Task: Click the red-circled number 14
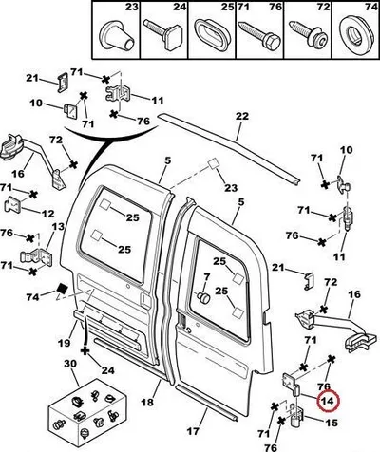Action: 327,401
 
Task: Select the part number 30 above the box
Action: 70,364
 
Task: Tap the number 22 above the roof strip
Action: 242,116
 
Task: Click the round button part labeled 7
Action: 203,297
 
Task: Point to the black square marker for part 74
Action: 63,289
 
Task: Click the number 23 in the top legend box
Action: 132,7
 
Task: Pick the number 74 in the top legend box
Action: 371,7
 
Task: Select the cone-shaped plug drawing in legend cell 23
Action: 117,35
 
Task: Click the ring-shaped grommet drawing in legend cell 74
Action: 355,34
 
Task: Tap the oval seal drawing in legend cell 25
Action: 211,34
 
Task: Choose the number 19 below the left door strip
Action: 64,343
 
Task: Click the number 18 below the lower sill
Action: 147,402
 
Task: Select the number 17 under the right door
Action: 193,431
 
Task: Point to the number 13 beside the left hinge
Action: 58,227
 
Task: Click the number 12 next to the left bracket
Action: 47,214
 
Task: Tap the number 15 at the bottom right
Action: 332,423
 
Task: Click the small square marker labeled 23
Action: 213,164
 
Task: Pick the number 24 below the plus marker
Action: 108,370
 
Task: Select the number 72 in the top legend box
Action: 323,7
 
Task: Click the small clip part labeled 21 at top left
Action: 62,83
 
